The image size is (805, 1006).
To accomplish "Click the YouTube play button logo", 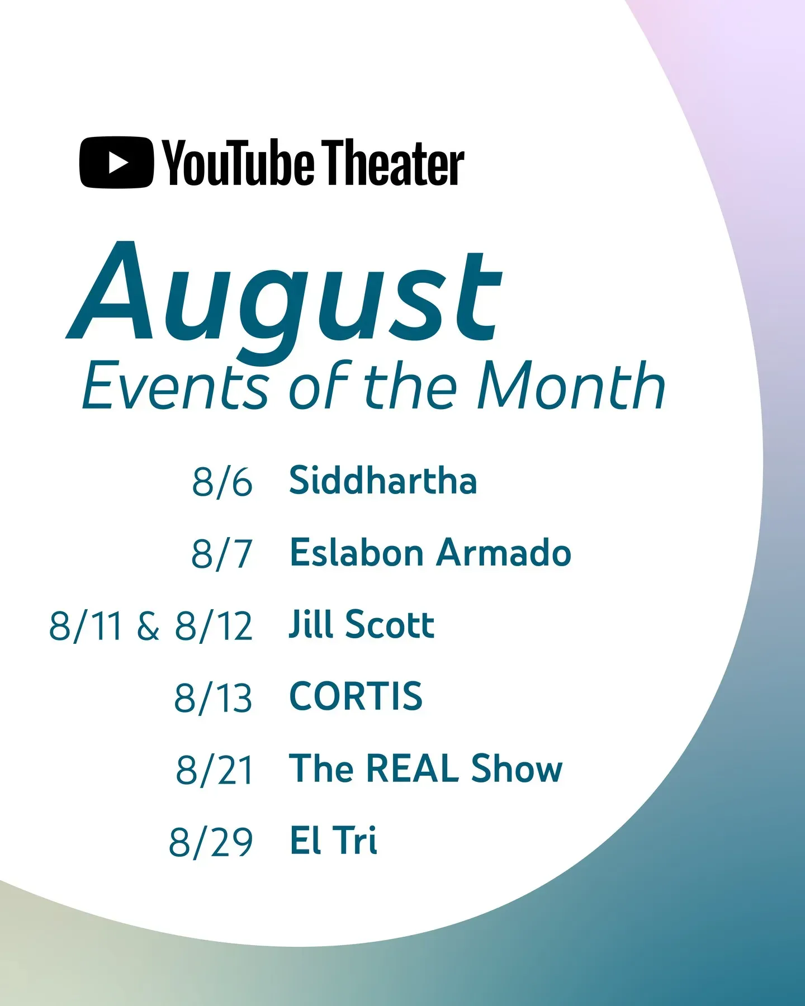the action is pos(116,162).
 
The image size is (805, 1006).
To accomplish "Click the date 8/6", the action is pos(222,481).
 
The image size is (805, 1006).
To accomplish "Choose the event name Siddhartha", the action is pos(383,480).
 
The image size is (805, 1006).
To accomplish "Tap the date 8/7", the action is pos(222,553).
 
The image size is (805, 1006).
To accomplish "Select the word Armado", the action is pos(504,552).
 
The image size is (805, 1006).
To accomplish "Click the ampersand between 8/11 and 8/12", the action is pos(148,625).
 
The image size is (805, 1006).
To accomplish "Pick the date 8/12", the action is pos(214,625).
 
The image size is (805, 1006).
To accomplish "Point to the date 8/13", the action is pos(213,697).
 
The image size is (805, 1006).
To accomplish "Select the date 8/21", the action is pos(215,770).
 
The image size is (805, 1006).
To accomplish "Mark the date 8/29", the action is pos(211,842).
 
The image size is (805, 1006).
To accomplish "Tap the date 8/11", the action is pos(86,625).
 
